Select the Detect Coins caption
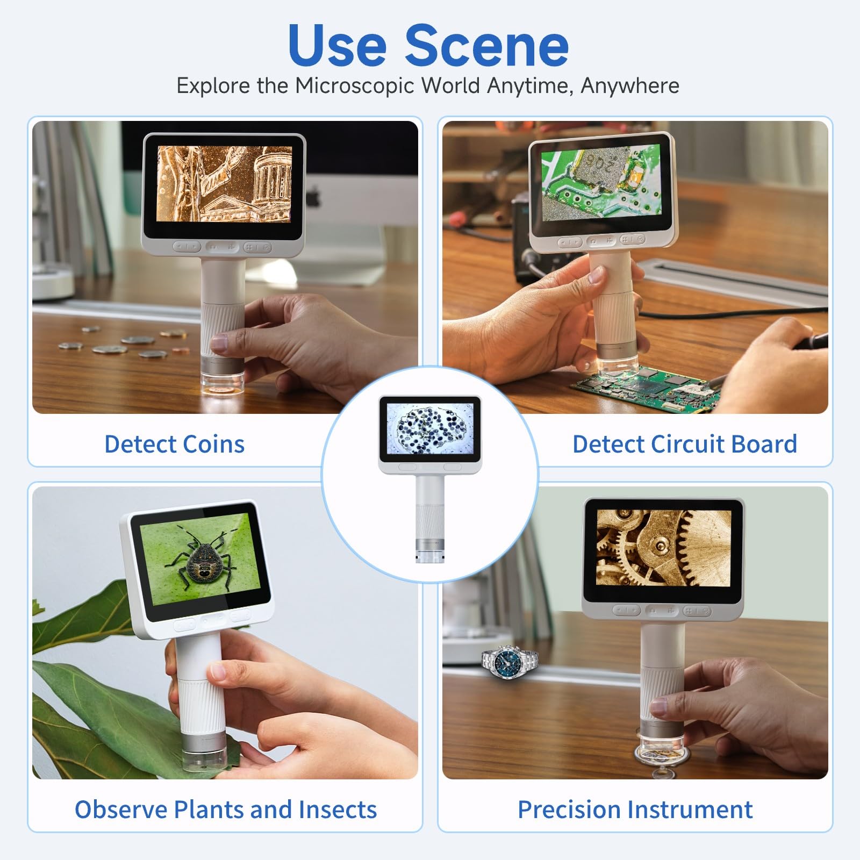pos(174,444)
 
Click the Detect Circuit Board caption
pos(684,444)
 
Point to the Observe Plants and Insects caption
pos(226,809)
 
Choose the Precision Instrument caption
pos(635,809)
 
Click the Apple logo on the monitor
pos(313,197)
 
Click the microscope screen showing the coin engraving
pos(224,184)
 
